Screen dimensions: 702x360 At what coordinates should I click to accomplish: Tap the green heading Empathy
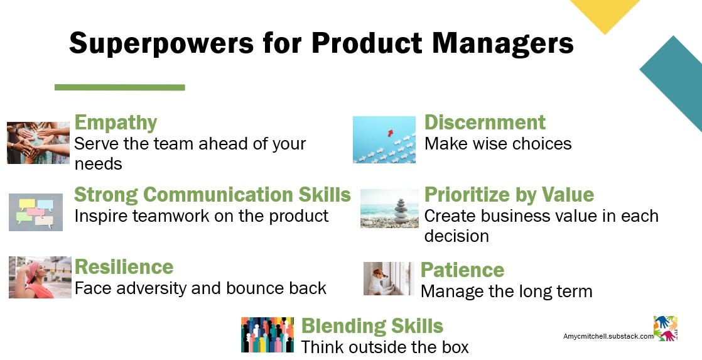point(116,123)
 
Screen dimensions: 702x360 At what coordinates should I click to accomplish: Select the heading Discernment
point(485,123)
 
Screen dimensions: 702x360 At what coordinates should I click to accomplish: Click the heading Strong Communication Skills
point(212,195)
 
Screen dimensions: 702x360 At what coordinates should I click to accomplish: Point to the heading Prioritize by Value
point(509,195)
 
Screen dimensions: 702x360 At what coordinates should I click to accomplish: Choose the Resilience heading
point(124,267)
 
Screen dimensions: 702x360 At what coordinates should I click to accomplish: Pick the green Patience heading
point(463,270)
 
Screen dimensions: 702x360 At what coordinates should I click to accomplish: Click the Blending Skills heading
point(372,327)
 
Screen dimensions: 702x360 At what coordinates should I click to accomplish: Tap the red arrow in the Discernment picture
point(391,133)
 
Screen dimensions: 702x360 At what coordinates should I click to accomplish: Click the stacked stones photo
point(389,208)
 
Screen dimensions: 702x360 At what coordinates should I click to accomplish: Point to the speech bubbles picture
point(36,212)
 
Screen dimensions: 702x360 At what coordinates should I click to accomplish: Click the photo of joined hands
point(38,143)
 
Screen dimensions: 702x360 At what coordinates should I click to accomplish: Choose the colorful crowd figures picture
point(267,335)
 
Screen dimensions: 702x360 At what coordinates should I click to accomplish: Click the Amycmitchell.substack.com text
point(608,336)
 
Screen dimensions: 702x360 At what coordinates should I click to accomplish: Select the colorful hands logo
point(666,328)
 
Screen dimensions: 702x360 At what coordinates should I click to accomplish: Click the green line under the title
point(119,87)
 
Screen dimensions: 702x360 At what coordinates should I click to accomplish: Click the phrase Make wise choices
point(498,144)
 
